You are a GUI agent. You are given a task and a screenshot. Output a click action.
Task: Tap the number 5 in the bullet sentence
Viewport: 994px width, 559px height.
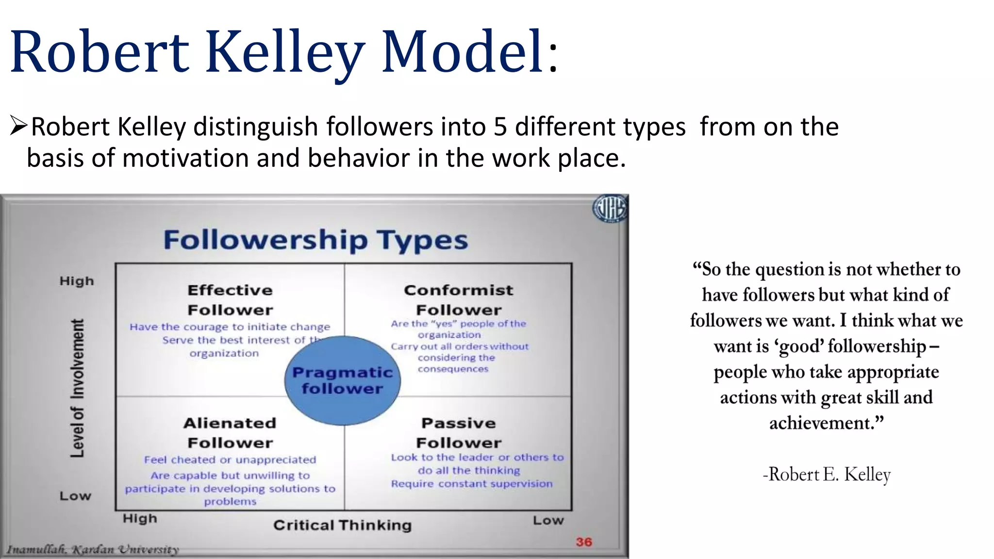click(500, 127)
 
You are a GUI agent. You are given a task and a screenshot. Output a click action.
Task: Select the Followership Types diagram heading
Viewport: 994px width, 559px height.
click(315, 240)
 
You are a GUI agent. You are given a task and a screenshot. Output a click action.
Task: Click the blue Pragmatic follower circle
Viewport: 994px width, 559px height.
click(342, 380)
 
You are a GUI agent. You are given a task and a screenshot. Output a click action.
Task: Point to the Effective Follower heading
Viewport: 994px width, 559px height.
click(230, 300)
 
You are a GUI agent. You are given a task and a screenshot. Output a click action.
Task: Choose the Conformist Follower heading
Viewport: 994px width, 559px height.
click(459, 300)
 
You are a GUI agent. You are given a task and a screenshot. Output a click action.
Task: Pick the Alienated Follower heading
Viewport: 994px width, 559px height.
click(230, 433)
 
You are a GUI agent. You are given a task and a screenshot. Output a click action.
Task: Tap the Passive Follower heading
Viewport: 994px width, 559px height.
click(459, 433)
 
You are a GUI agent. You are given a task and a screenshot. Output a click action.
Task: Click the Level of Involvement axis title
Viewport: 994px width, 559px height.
click(77, 388)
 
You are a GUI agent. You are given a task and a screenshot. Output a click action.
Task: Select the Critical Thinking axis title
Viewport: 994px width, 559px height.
click(342, 525)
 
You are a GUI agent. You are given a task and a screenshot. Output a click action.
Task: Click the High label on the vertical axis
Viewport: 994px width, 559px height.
click(77, 281)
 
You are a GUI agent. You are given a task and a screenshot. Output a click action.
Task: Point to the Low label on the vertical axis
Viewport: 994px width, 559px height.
click(75, 496)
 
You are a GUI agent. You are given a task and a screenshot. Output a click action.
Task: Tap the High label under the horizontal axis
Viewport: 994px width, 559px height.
click(140, 518)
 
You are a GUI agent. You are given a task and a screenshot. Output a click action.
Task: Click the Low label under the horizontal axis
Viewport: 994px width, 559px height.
click(548, 520)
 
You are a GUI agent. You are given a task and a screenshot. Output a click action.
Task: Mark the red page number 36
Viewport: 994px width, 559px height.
click(584, 542)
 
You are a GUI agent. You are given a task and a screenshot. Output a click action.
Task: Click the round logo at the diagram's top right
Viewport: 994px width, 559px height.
click(610, 209)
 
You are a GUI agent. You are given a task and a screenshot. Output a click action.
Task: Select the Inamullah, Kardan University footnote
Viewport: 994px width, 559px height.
click(93, 550)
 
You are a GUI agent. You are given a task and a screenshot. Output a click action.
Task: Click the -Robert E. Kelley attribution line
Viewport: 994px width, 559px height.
click(827, 474)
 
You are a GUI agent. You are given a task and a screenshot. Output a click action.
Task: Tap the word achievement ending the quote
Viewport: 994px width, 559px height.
click(822, 423)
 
